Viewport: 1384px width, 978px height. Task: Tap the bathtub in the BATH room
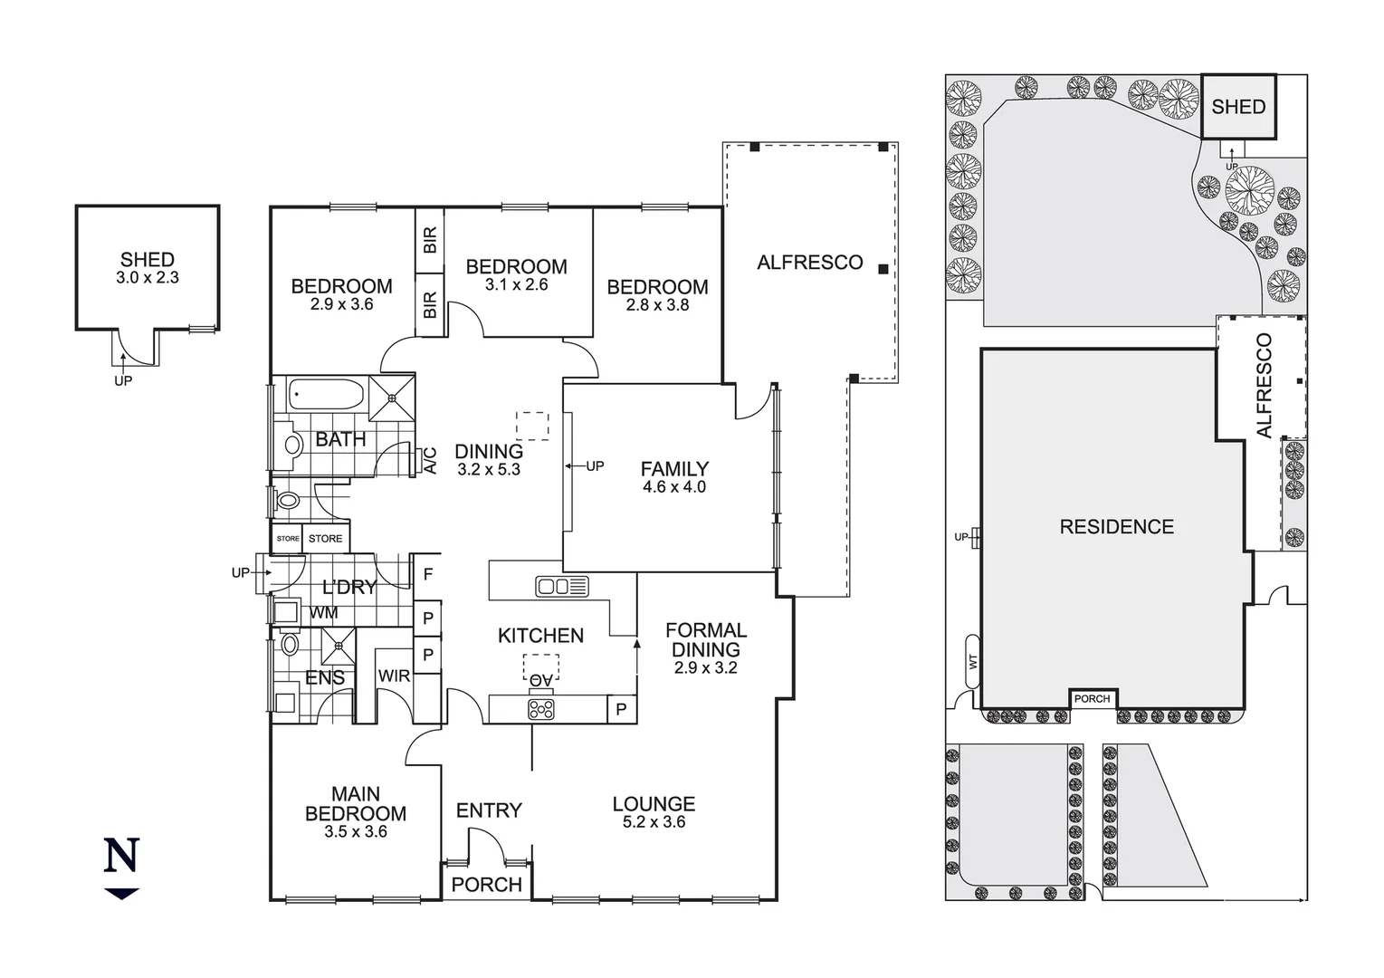coord(326,396)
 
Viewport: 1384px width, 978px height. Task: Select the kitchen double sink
coord(562,586)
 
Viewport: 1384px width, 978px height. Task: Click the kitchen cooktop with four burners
coord(541,709)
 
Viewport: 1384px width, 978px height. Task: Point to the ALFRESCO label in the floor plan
coord(809,263)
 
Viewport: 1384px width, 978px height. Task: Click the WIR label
coord(394,676)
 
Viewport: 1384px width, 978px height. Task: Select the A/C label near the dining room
coord(431,460)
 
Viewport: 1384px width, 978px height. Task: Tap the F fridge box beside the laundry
coord(428,574)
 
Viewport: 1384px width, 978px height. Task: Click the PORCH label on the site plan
coord(1092,698)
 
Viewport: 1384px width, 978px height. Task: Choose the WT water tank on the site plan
coord(973,662)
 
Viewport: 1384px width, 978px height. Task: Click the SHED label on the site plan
coord(1237,107)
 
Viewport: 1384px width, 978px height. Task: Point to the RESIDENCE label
coord(1116,527)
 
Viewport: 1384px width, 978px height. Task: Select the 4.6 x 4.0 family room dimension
coord(673,487)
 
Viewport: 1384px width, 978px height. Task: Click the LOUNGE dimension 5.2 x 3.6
coord(654,822)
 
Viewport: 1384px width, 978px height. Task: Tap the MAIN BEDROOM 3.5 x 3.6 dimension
coord(355,831)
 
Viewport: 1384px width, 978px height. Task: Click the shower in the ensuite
coord(339,646)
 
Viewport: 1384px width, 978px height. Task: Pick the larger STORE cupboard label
coord(325,539)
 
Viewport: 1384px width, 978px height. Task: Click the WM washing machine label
coord(323,613)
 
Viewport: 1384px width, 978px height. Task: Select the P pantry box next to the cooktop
coord(621,709)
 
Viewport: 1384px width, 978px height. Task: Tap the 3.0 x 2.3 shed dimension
coord(148,278)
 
